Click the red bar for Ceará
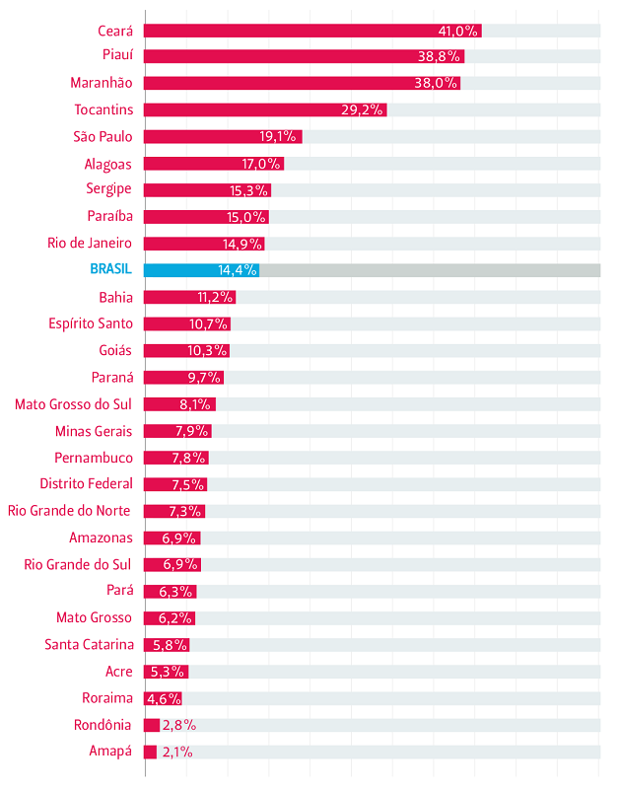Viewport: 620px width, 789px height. (x=312, y=31)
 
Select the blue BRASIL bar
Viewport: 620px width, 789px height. (x=201, y=270)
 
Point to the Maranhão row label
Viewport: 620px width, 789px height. (x=102, y=83)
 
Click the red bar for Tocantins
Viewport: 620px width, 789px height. (x=265, y=109)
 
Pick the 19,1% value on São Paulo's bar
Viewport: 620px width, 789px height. (x=279, y=137)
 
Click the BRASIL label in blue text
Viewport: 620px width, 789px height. (x=110, y=269)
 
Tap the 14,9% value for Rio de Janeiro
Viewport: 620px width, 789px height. (x=242, y=244)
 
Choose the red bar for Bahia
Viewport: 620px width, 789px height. (x=189, y=297)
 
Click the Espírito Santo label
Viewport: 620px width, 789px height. (x=90, y=323)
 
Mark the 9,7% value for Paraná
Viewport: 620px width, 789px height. (x=205, y=378)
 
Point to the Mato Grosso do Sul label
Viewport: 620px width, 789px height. (x=73, y=403)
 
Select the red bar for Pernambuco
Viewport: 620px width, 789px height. (x=176, y=458)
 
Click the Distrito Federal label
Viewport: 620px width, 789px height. (x=86, y=483)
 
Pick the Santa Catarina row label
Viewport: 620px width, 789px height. (x=89, y=644)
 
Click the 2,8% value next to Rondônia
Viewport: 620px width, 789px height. (x=178, y=725)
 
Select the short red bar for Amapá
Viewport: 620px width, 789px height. (x=151, y=752)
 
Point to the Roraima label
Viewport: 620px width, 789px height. (x=107, y=698)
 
